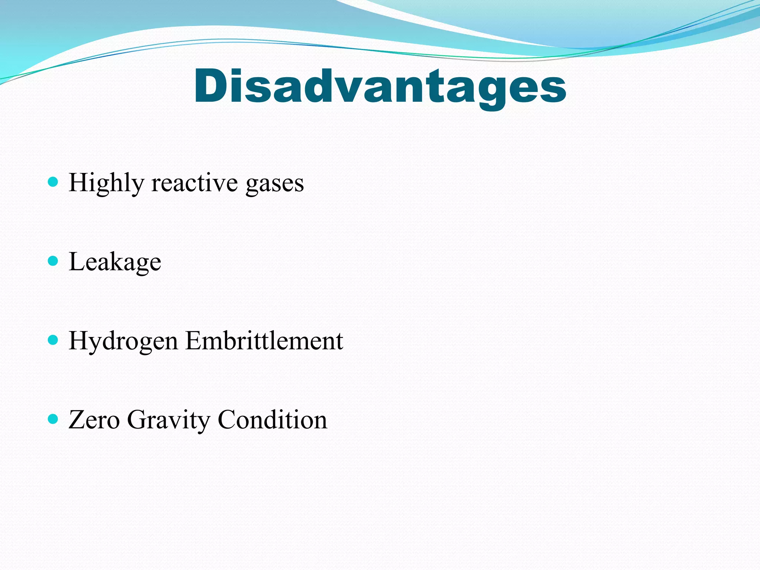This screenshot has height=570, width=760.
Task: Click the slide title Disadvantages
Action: pyautogui.click(x=380, y=86)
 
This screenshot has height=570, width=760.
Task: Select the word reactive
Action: pyautogui.click(x=194, y=183)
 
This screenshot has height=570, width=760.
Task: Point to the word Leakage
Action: pyautogui.click(x=115, y=262)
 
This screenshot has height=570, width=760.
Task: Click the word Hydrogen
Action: pyautogui.click(x=123, y=341)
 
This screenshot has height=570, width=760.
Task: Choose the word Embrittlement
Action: pyautogui.click(x=264, y=340)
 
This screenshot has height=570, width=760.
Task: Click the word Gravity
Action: pyautogui.click(x=168, y=420)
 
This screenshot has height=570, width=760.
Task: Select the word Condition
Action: pyautogui.click(x=272, y=420)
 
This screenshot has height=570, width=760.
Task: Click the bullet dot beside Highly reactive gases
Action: pyautogui.click(x=53, y=182)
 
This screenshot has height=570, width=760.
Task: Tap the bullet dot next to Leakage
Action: pyautogui.click(x=53, y=261)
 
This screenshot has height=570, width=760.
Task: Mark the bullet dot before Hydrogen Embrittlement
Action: pyautogui.click(x=53, y=340)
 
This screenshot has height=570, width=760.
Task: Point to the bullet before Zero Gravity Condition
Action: pyautogui.click(x=53, y=419)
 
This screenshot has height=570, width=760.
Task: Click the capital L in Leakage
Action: pyautogui.click(x=77, y=261)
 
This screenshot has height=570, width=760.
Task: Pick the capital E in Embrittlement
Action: pyautogui.click(x=195, y=340)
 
